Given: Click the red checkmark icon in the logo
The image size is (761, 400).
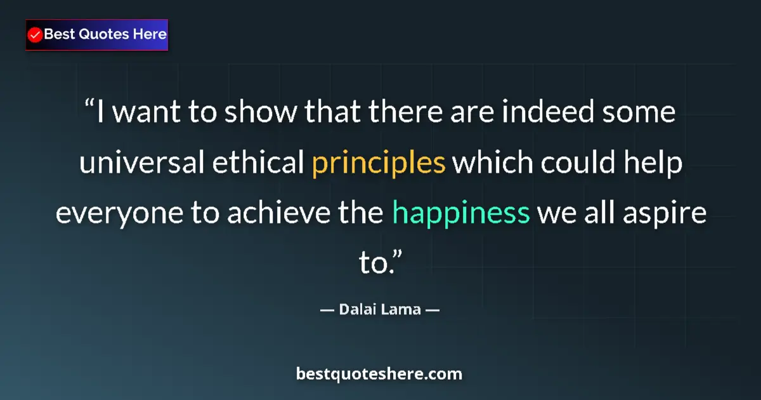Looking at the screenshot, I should [x=36, y=35].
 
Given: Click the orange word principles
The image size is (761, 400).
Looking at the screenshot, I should [x=379, y=164].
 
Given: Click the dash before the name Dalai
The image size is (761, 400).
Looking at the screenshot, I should [x=327, y=310].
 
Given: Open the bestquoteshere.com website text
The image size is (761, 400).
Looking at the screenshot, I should [x=379, y=374].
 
